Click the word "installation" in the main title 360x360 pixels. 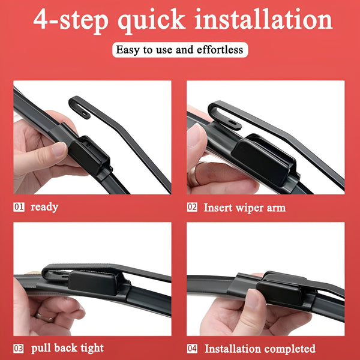(263, 19)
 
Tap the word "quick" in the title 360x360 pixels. (152, 21)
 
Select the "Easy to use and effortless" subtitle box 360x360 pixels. (180, 50)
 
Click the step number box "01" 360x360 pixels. (19, 207)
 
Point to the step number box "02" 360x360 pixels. (192, 207)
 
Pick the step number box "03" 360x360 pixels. (19, 349)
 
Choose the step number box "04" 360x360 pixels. (192, 349)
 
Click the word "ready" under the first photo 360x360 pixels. (44, 208)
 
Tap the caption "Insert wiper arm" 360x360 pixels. (245, 208)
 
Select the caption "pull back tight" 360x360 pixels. (67, 349)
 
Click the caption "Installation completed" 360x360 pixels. (260, 349)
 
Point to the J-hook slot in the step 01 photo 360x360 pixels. (85, 114)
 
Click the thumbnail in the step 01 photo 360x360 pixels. (59, 149)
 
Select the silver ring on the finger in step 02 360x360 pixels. (194, 174)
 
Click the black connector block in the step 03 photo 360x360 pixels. (93, 283)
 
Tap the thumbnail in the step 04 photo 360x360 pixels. (253, 299)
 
